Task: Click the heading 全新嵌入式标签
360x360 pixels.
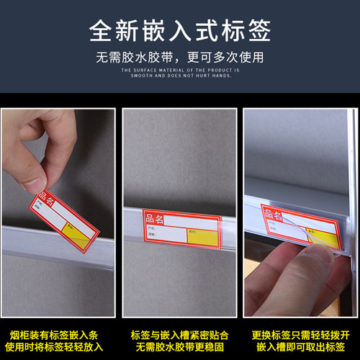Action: tap(180, 30)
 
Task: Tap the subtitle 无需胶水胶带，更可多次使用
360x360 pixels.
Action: tap(180, 57)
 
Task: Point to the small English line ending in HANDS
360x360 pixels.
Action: tap(180, 75)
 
